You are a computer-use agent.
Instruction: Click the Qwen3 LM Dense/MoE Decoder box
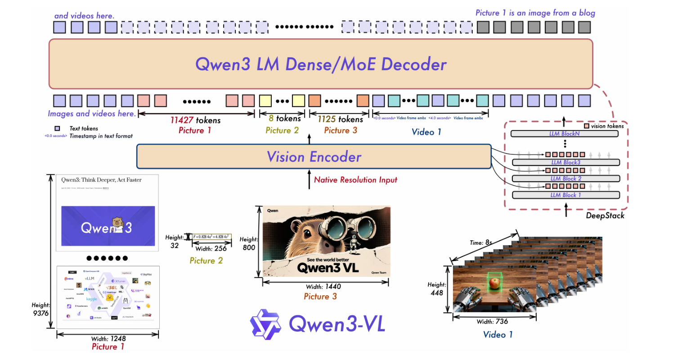(x=321, y=64)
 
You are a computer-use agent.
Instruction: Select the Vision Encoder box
(x=314, y=157)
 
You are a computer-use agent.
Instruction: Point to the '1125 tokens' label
(x=340, y=119)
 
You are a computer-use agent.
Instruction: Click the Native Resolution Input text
(x=355, y=180)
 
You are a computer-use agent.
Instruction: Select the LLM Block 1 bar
(x=566, y=195)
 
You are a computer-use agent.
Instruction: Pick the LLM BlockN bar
(x=566, y=134)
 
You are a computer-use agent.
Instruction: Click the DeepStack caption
(x=605, y=216)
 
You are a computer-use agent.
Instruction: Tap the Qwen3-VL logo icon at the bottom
(x=265, y=323)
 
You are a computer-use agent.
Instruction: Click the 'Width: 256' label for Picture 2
(x=211, y=248)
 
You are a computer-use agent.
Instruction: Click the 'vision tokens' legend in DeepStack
(x=607, y=126)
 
